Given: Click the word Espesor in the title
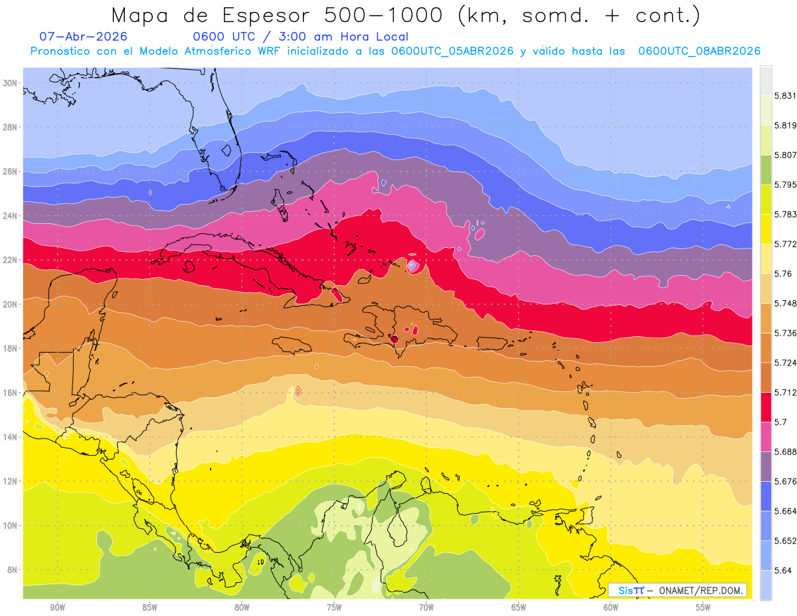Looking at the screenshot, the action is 266,16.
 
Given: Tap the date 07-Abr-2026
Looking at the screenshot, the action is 83,37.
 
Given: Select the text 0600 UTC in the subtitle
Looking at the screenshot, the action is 224,37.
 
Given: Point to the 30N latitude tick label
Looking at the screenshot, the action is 10,83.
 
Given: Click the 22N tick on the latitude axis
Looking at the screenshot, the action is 10,260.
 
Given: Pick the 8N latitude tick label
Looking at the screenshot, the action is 12,569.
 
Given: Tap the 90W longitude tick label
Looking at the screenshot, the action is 57,607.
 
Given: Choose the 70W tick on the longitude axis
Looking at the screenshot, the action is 426,607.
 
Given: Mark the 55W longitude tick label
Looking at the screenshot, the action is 703,607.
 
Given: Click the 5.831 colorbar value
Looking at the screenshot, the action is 785,96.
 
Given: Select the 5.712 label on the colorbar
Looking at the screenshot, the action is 785,393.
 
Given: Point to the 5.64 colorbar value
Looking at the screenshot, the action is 783,571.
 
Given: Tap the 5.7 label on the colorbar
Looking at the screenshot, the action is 780,422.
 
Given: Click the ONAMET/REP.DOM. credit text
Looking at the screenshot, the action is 701,591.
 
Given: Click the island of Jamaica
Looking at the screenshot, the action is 292,346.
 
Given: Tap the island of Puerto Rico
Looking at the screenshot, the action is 492,344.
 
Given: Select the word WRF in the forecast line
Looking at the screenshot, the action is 269,51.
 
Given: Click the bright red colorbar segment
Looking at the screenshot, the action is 766,407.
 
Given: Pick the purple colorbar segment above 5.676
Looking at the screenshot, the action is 766,466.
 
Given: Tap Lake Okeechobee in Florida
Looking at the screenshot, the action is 226,150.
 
